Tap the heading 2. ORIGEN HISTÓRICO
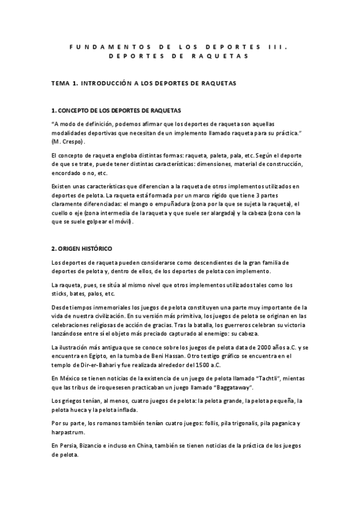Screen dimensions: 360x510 (x=81, y=248)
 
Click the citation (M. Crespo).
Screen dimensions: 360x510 (x=69, y=141)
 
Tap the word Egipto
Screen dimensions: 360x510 (x=94, y=356)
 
